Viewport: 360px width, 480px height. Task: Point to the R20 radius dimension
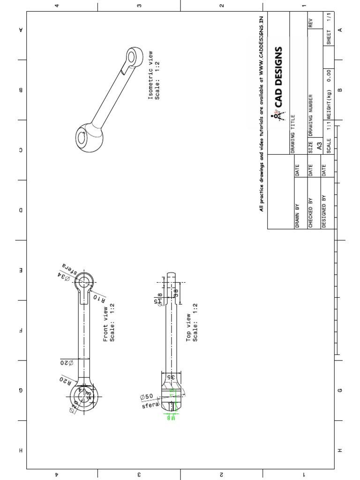[x=65, y=379]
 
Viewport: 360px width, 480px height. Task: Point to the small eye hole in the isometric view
[x=132, y=57]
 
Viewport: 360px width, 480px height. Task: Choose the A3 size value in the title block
[x=319, y=146]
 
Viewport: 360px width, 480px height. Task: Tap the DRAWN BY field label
[x=297, y=216]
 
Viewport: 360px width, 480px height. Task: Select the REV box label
[x=310, y=23]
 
